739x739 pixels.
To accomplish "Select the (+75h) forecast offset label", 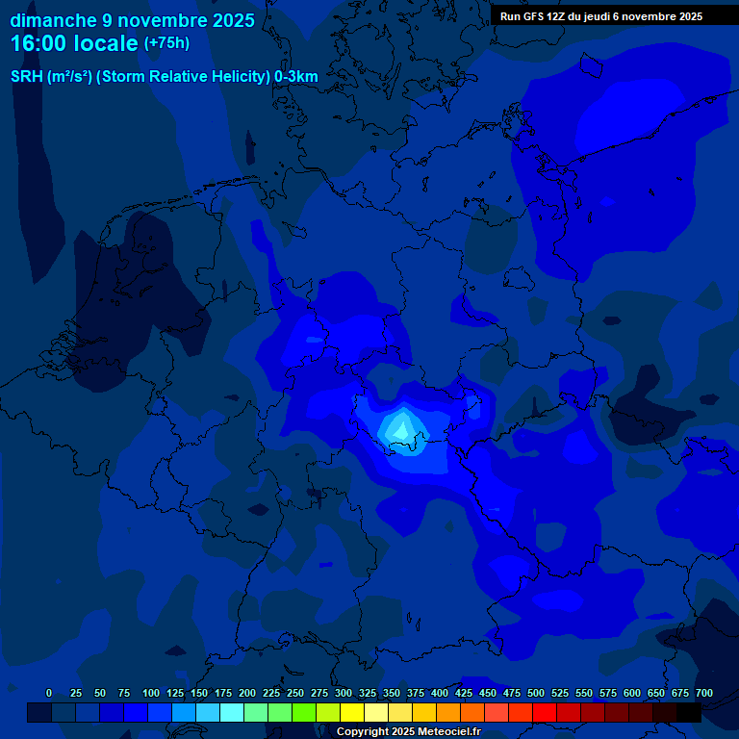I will tap(166, 43).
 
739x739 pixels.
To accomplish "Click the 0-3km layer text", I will tap(296, 76).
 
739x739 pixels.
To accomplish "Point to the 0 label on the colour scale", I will tap(49, 693).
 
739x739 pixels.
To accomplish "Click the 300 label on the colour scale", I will tap(344, 693).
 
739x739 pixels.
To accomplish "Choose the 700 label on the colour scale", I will tap(704, 693).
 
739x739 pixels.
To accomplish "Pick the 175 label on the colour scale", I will tap(223, 693).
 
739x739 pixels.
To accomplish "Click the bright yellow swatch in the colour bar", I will tap(352, 712).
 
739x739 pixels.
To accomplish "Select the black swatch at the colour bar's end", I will tap(689, 712).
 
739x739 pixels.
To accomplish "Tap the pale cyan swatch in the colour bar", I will tap(232, 712).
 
